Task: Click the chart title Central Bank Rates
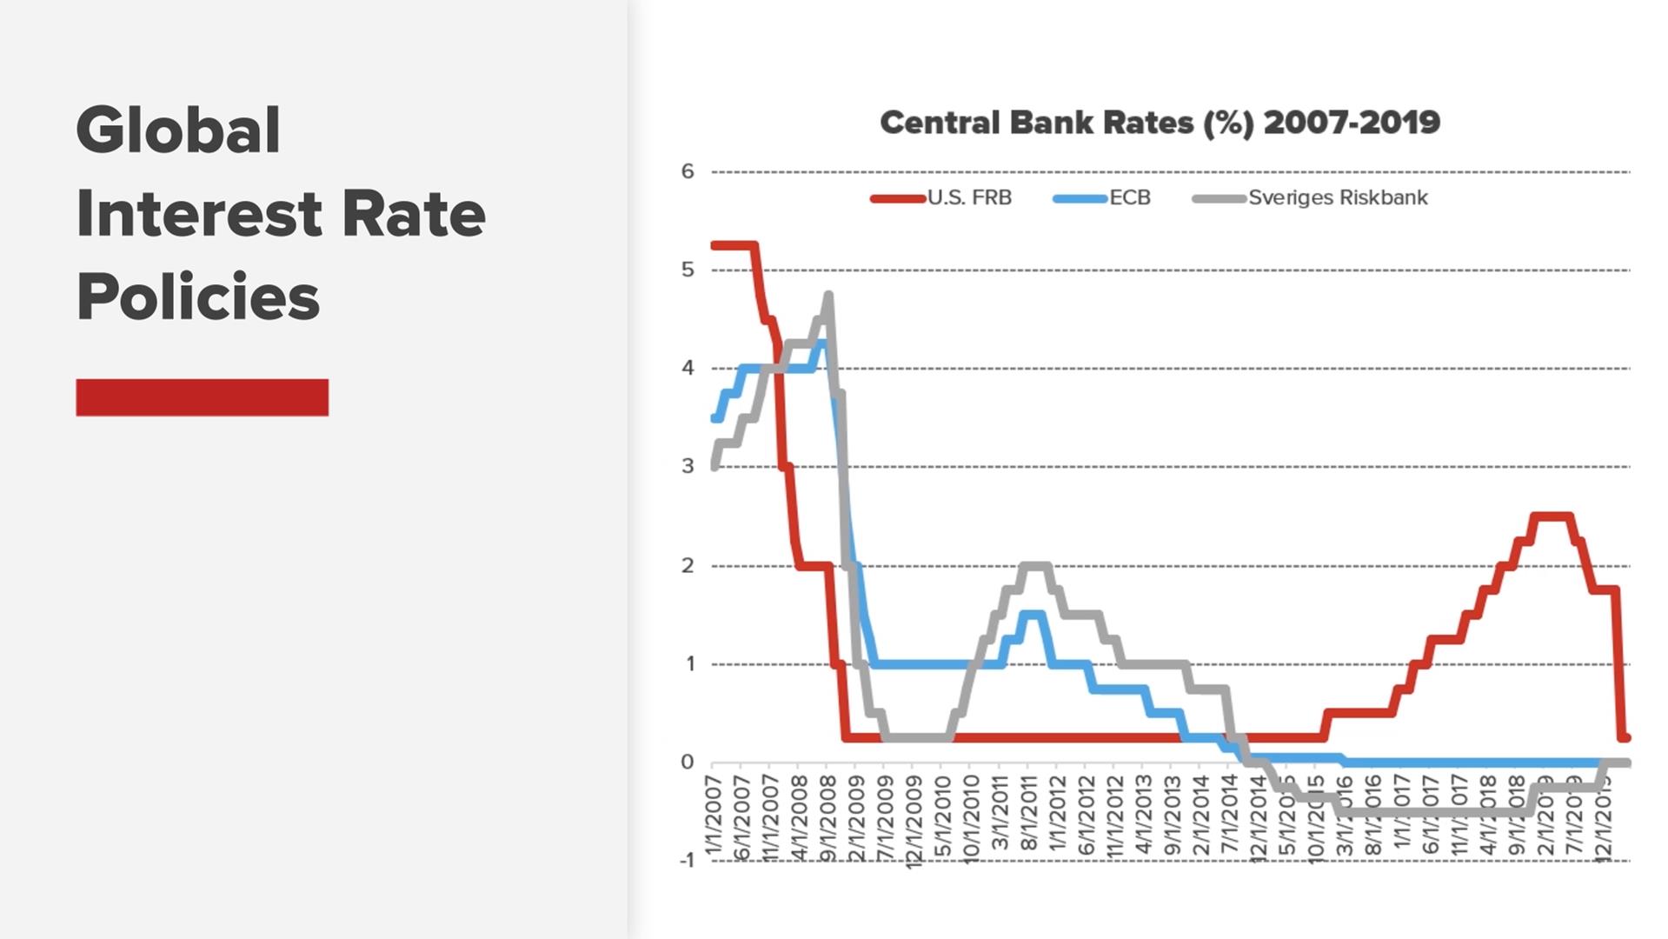coord(1160,123)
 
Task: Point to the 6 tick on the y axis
coord(688,171)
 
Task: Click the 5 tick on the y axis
coord(688,270)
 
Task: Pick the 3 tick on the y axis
coord(688,466)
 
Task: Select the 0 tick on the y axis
coord(688,762)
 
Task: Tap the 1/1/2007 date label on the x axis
coord(714,817)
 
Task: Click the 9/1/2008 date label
coord(827,817)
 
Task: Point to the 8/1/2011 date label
coord(1027,817)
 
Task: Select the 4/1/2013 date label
coord(1142,817)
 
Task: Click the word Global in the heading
coord(178,130)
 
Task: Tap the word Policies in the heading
coord(198,296)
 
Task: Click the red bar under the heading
coord(202,397)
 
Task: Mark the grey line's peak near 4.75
coord(828,296)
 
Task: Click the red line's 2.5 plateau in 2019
coord(1552,516)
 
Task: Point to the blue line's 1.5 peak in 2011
coord(1032,614)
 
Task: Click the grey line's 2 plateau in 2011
coord(1034,566)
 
